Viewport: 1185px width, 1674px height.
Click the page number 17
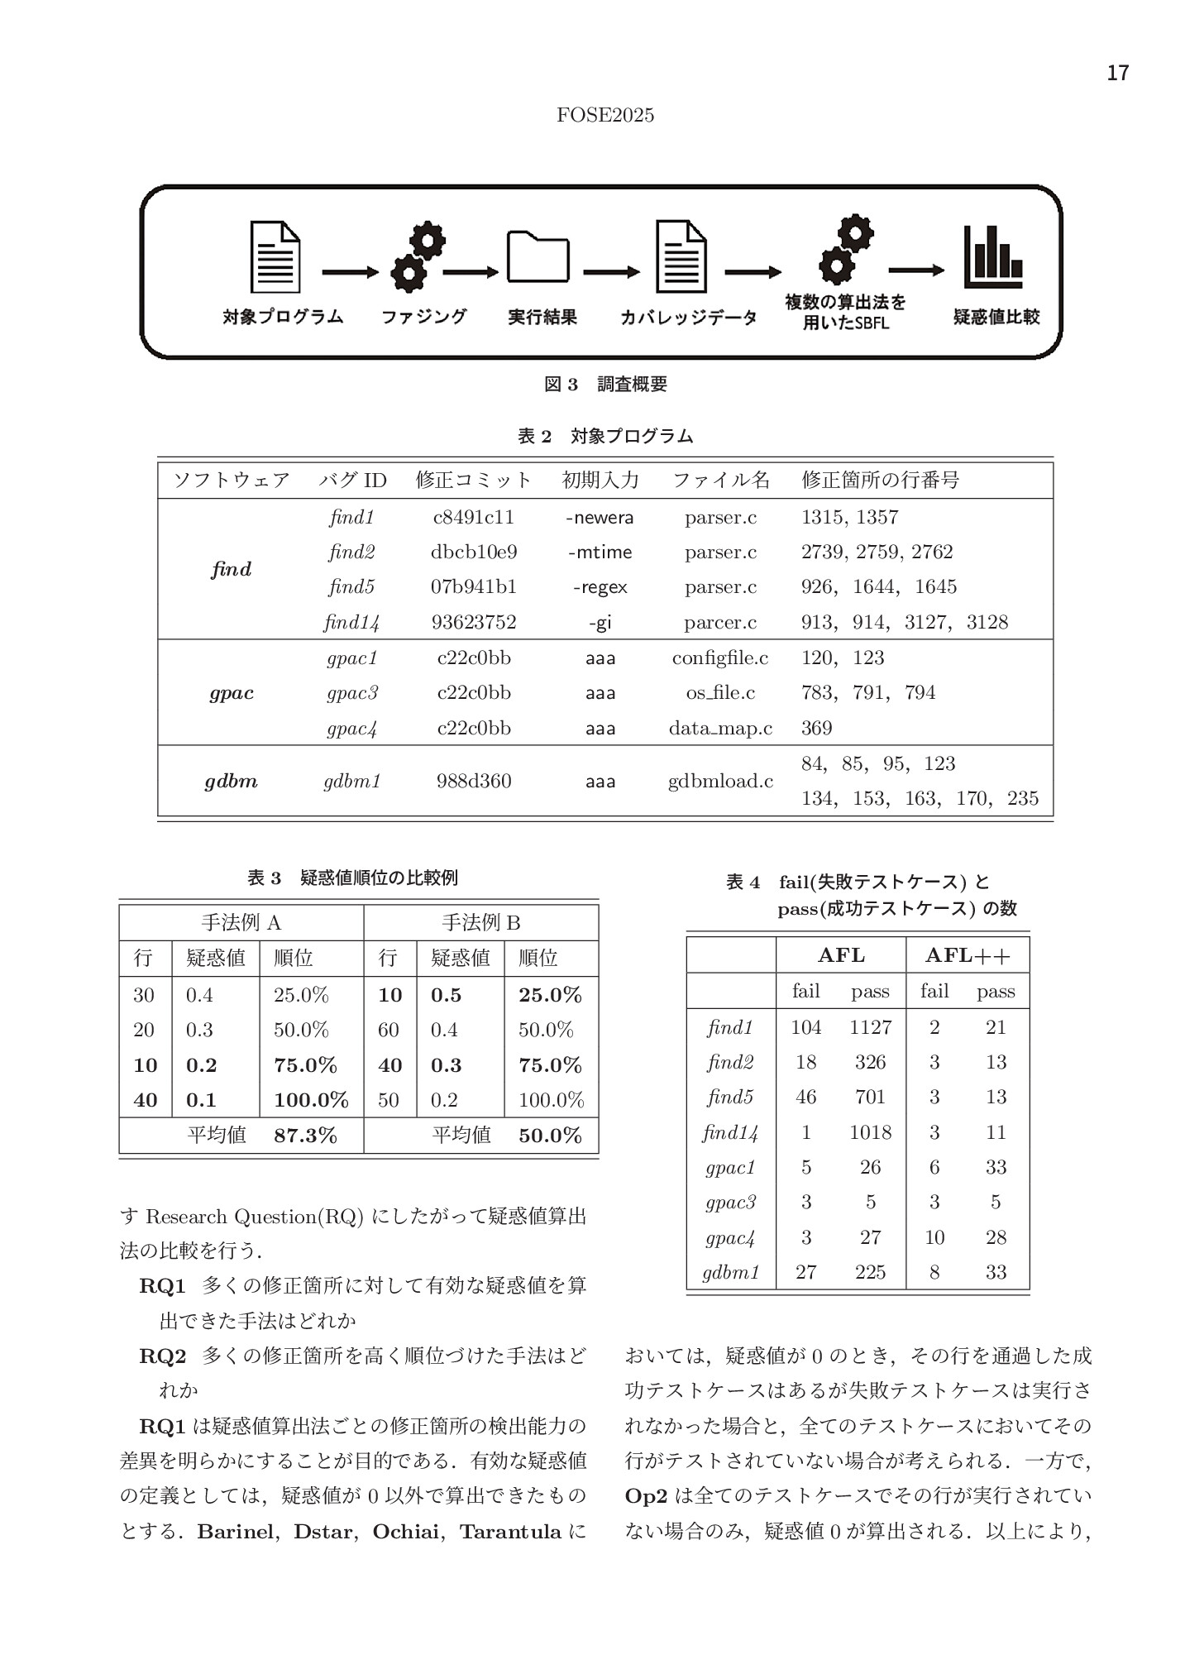tap(1117, 74)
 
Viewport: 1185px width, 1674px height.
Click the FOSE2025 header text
tap(605, 116)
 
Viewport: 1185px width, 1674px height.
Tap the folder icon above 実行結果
tap(538, 257)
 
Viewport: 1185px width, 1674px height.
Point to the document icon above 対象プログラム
tap(275, 256)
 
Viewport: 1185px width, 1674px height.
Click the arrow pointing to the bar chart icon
tap(915, 270)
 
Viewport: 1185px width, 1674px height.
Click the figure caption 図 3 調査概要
tap(605, 384)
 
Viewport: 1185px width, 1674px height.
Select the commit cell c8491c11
tap(473, 518)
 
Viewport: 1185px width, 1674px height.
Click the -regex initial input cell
tap(600, 587)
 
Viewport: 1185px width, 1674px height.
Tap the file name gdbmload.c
tap(720, 781)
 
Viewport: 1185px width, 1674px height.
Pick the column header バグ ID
tap(352, 480)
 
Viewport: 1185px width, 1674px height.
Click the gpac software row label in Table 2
tap(232, 693)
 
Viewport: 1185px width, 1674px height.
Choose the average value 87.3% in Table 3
tap(305, 1136)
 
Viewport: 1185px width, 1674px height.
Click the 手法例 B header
tap(480, 923)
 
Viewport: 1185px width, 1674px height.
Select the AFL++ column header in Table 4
tap(967, 955)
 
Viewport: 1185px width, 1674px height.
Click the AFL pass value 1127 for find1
tap(870, 1027)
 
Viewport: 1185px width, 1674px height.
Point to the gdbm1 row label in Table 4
tap(731, 1272)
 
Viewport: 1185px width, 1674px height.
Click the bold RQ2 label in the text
tap(162, 1356)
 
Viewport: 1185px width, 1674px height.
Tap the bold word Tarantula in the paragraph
tap(510, 1532)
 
